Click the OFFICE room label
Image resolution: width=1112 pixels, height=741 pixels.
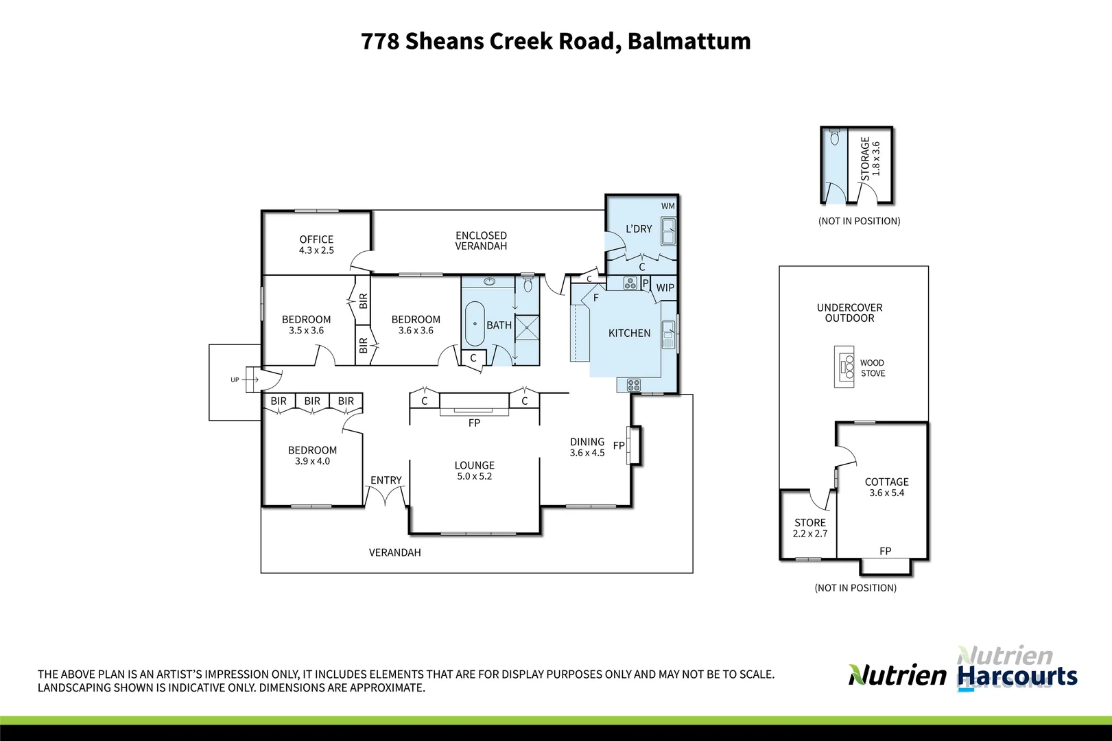pyautogui.click(x=316, y=239)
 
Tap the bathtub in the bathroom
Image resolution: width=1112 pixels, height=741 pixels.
pyautogui.click(x=475, y=324)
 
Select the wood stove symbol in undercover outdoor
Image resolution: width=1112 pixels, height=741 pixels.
pyautogui.click(x=844, y=367)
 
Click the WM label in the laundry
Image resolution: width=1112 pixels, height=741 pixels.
pyautogui.click(x=667, y=206)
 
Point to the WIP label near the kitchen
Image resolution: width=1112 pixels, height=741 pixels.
pyautogui.click(x=665, y=288)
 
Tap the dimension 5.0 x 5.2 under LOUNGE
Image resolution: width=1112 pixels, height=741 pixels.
pyautogui.click(x=474, y=476)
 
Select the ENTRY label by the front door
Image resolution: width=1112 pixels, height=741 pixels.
pyautogui.click(x=386, y=480)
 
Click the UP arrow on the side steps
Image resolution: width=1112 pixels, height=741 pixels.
pyautogui.click(x=235, y=379)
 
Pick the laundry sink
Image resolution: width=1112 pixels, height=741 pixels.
pyautogui.click(x=668, y=231)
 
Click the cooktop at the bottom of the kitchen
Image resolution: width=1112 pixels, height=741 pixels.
pyautogui.click(x=633, y=385)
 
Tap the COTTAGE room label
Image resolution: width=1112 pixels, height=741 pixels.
pyautogui.click(x=886, y=482)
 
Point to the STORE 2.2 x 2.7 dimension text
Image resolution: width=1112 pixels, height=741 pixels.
pyautogui.click(x=810, y=534)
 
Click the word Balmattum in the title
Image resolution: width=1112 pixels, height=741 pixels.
pyautogui.click(x=689, y=41)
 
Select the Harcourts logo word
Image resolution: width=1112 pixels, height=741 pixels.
pyautogui.click(x=1017, y=676)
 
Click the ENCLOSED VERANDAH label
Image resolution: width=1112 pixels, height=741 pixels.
pyautogui.click(x=481, y=241)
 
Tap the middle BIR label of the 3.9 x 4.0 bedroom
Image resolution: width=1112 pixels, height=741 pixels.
pyautogui.click(x=312, y=401)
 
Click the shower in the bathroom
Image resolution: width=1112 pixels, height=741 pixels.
pyautogui.click(x=528, y=327)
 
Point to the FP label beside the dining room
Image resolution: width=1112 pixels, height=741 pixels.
pyautogui.click(x=619, y=445)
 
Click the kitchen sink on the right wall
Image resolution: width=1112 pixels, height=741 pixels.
pyautogui.click(x=668, y=334)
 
